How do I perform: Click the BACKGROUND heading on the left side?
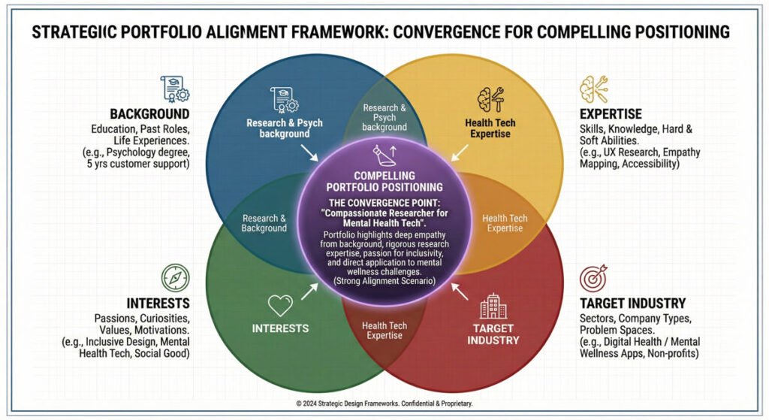pos(149,114)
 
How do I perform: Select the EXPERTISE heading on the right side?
pos(611,114)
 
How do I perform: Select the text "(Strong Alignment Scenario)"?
pos(384,281)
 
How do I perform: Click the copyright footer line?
pos(384,403)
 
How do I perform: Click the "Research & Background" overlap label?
pos(264,223)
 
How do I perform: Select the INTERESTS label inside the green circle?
pos(280,328)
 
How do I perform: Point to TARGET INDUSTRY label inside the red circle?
pos(493,334)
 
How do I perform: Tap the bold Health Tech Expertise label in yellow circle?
pos(490,128)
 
